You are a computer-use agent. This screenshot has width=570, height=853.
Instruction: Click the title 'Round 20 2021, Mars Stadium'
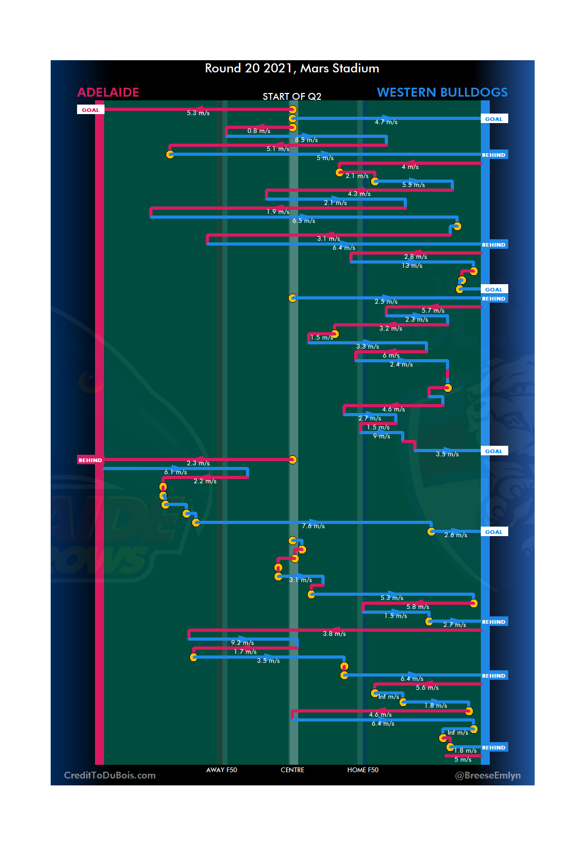[x=292, y=69]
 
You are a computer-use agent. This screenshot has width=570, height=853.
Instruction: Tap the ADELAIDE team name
[x=108, y=92]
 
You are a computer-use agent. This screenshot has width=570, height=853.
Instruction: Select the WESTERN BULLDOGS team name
[x=442, y=92]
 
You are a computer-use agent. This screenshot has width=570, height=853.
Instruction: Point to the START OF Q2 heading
[x=292, y=97]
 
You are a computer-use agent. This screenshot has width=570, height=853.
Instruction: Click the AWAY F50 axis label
[x=222, y=770]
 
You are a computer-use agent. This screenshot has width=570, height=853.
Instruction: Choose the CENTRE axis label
[x=292, y=770]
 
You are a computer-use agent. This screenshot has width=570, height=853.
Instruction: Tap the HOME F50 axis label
[x=363, y=770]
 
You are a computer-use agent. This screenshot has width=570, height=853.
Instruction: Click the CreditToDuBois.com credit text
[x=110, y=775]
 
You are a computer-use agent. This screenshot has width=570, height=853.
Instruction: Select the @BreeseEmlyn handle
[x=488, y=775]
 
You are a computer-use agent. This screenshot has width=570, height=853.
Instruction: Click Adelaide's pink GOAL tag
[x=90, y=110]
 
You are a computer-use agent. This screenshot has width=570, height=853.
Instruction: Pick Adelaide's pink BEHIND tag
[x=90, y=460]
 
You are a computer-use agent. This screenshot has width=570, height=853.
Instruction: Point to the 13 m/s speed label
[x=412, y=266]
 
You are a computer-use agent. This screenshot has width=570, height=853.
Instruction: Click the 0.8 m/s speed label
[x=259, y=131]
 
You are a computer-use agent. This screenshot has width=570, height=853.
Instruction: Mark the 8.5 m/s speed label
[x=306, y=140]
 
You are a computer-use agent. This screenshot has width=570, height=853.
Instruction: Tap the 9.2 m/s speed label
[x=242, y=643]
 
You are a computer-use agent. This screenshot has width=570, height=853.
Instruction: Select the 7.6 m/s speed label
[x=313, y=526]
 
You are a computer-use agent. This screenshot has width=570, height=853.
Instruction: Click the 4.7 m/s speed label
[x=386, y=122]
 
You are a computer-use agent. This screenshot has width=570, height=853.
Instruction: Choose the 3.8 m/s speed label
[x=334, y=634]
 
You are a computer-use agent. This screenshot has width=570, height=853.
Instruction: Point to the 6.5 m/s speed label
[x=303, y=221]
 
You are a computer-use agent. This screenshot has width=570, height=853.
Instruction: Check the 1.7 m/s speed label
[x=245, y=652]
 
